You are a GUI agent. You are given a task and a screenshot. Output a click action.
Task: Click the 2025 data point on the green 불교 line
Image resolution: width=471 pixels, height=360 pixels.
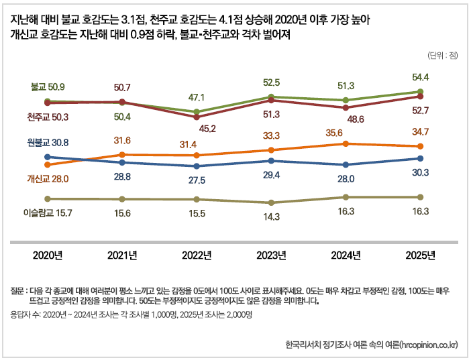click(420, 91)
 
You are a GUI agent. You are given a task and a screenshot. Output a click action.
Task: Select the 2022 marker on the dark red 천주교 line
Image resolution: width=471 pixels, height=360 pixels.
click(197, 117)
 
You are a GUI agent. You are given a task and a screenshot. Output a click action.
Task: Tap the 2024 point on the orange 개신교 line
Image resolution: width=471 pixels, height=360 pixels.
click(346, 143)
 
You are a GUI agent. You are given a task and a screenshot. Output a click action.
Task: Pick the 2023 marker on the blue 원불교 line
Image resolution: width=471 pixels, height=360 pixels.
click(271, 161)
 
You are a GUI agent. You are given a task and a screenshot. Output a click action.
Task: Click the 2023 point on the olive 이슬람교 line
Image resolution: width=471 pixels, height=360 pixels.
click(271, 202)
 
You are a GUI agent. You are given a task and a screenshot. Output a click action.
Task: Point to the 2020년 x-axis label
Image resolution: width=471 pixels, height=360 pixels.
click(48, 255)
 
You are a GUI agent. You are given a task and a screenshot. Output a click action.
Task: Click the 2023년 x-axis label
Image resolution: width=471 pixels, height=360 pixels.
click(271, 255)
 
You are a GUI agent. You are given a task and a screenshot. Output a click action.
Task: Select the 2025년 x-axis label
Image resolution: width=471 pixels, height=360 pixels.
click(420, 255)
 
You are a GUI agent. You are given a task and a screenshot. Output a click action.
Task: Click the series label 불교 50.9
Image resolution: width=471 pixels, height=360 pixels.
click(48, 87)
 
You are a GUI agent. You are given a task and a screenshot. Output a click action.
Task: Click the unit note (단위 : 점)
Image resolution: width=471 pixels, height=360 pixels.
click(441, 54)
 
